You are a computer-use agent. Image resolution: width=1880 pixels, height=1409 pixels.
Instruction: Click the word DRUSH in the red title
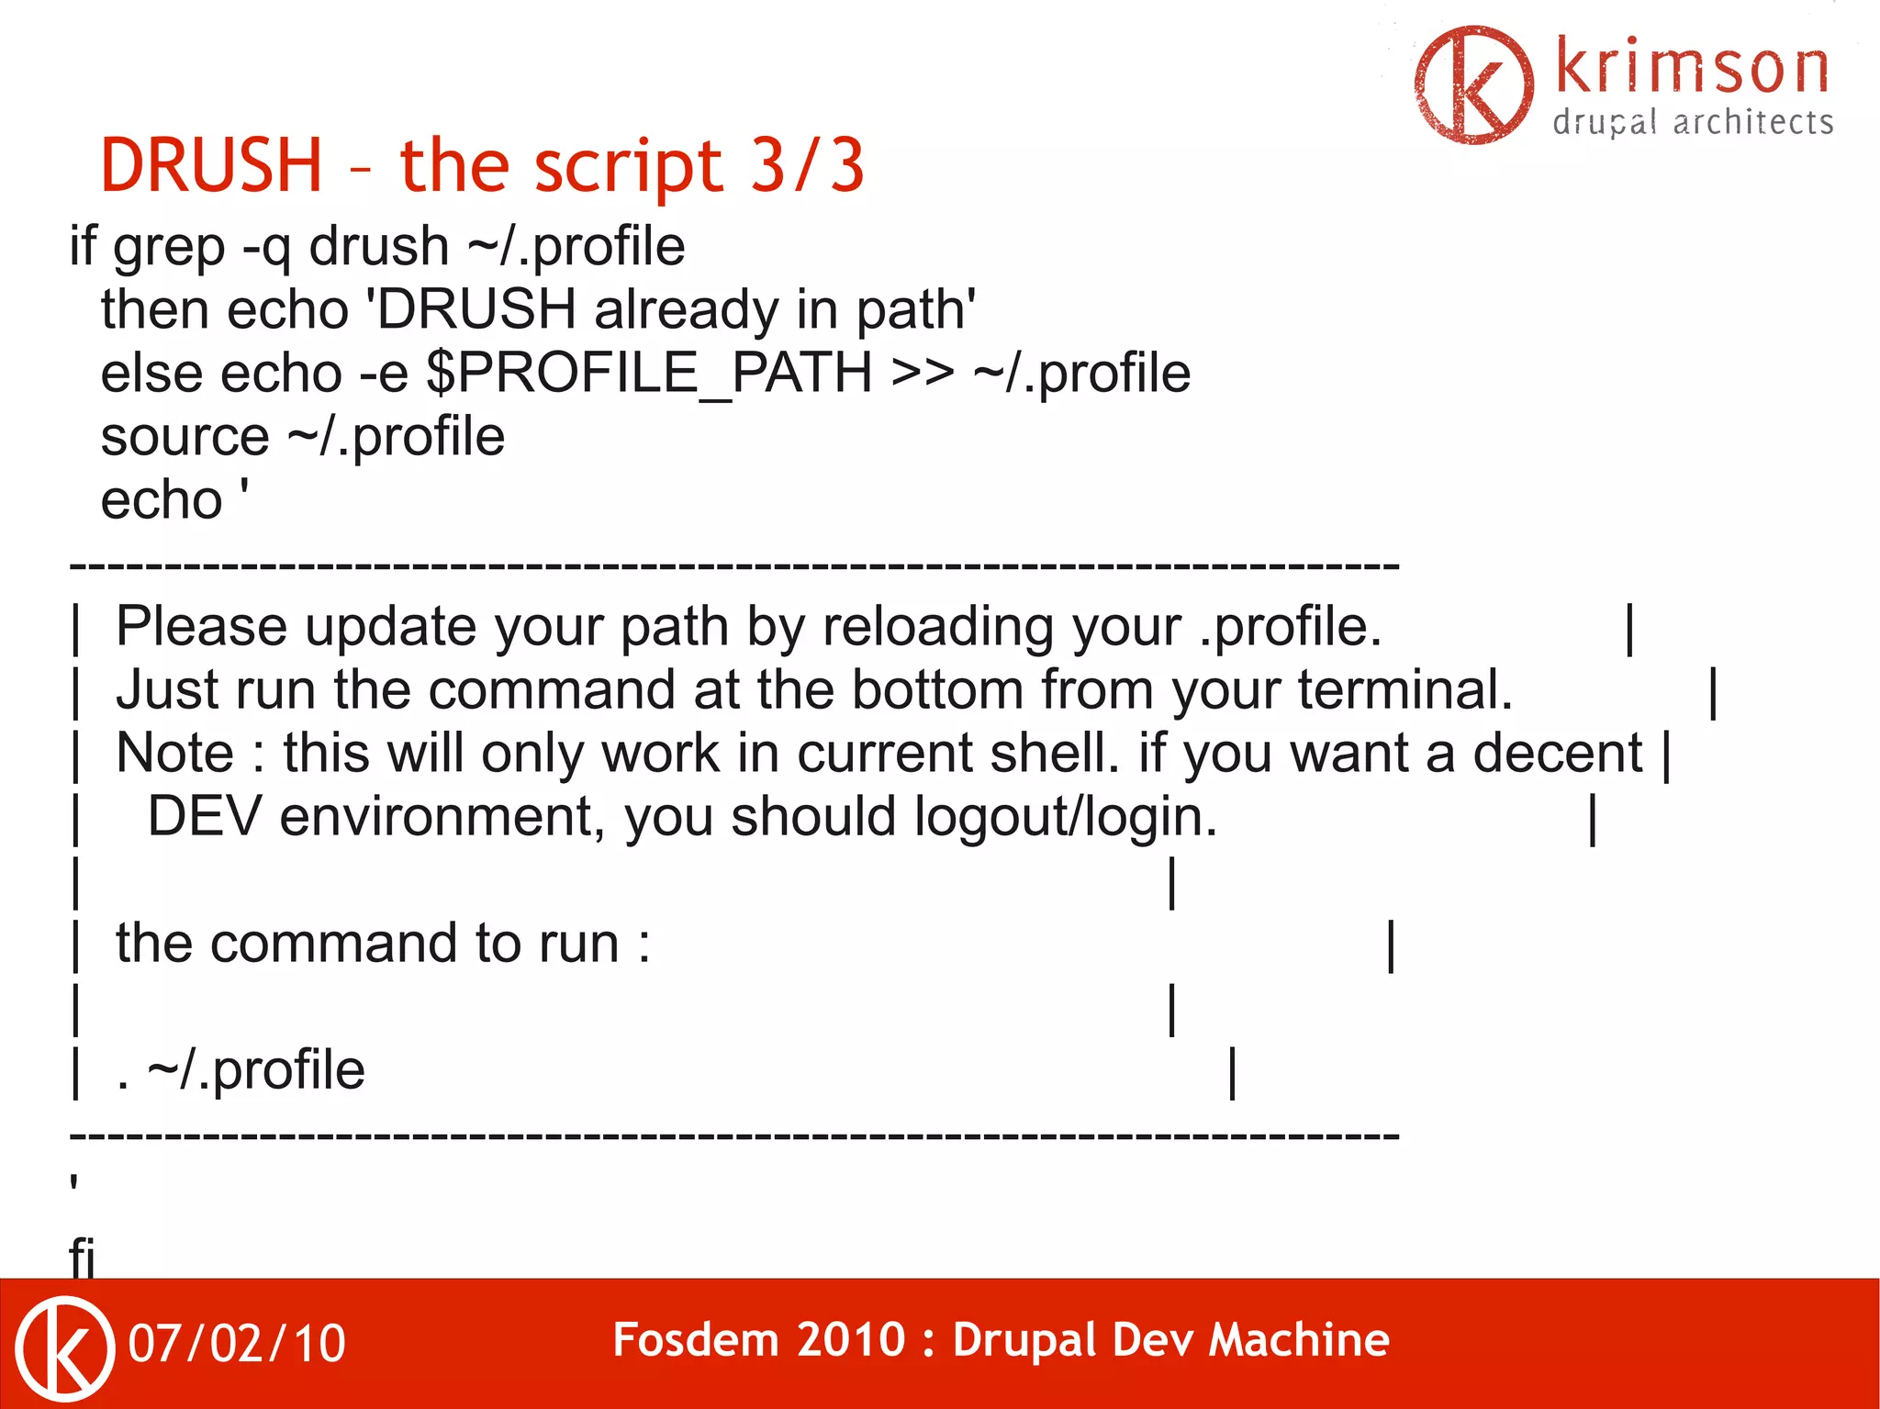coord(211,165)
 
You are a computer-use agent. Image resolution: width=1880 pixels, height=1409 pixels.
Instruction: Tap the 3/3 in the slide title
coord(807,165)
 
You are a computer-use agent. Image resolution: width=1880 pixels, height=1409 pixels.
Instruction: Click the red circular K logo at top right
coord(1473,84)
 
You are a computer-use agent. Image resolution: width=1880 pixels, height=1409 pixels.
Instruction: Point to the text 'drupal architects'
coord(1693,123)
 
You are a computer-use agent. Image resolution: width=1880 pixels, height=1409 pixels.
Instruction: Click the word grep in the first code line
coord(168,248)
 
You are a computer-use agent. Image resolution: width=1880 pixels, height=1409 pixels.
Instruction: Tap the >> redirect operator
coord(922,374)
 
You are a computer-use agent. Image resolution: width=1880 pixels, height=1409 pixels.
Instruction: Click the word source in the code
coord(185,437)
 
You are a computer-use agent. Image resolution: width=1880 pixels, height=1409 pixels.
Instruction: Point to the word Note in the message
coord(174,754)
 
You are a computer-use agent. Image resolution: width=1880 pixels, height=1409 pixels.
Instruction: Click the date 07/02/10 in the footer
coord(237,1344)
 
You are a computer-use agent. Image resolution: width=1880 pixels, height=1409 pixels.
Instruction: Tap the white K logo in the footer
coord(64,1347)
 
